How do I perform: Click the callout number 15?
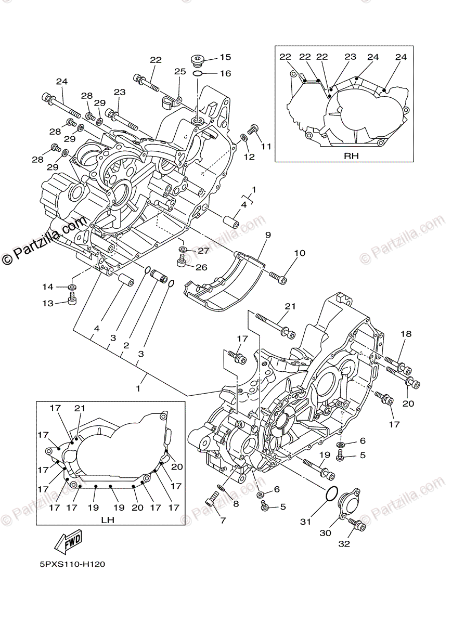click(x=225, y=57)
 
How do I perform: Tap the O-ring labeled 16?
click(x=198, y=74)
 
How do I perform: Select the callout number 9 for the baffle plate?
click(x=267, y=235)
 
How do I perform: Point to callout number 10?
click(x=299, y=253)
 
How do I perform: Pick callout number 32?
click(x=344, y=544)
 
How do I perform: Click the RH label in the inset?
click(x=352, y=155)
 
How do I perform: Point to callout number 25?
click(x=180, y=71)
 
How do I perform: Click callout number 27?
click(x=202, y=251)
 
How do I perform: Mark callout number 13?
click(x=48, y=303)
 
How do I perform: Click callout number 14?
click(x=48, y=287)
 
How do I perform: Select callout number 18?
click(x=405, y=334)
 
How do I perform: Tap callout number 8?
click(x=236, y=503)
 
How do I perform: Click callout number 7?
click(x=223, y=520)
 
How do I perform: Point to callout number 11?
click(x=266, y=147)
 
